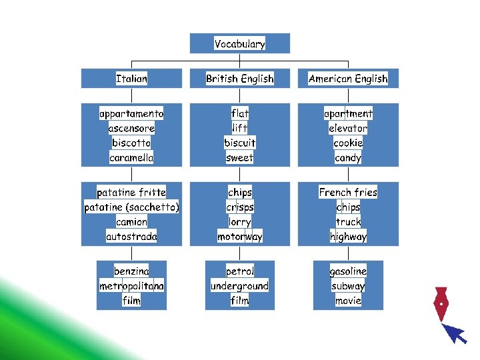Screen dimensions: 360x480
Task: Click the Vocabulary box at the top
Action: pyautogui.click(x=240, y=44)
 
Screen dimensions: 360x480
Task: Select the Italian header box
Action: pyautogui.click(x=131, y=79)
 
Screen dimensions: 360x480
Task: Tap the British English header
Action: pyautogui.click(x=240, y=79)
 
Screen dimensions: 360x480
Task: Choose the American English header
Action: pyautogui.click(x=348, y=79)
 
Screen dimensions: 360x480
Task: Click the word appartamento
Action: pyautogui.click(x=131, y=114)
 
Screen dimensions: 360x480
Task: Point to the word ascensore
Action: pyautogui.click(x=131, y=129)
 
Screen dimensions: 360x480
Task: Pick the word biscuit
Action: pyautogui.click(x=240, y=143)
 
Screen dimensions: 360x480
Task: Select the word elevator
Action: pyautogui.click(x=348, y=129)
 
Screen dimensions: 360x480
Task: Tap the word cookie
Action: pyautogui.click(x=348, y=143)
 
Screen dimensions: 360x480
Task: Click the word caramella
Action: pyautogui.click(x=131, y=158)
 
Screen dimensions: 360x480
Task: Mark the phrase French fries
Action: pyautogui.click(x=348, y=193)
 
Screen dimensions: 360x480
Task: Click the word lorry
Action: pyautogui.click(x=240, y=222)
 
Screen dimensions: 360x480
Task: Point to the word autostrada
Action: pyautogui.click(x=131, y=237)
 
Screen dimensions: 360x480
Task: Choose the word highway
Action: pyautogui.click(x=348, y=237)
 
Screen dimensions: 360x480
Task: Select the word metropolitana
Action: pyautogui.click(x=131, y=286)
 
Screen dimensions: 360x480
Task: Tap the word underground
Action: pyautogui.click(x=240, y=286)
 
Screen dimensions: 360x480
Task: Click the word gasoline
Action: pyautogui.click(x=348, y=271)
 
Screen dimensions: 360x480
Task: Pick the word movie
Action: pyautogui.click(x=348, y=301)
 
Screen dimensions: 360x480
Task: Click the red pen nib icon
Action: pyautogui.click(x=440, y=304)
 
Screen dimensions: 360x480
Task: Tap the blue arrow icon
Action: pyautogui.click(x=455, y=333)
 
